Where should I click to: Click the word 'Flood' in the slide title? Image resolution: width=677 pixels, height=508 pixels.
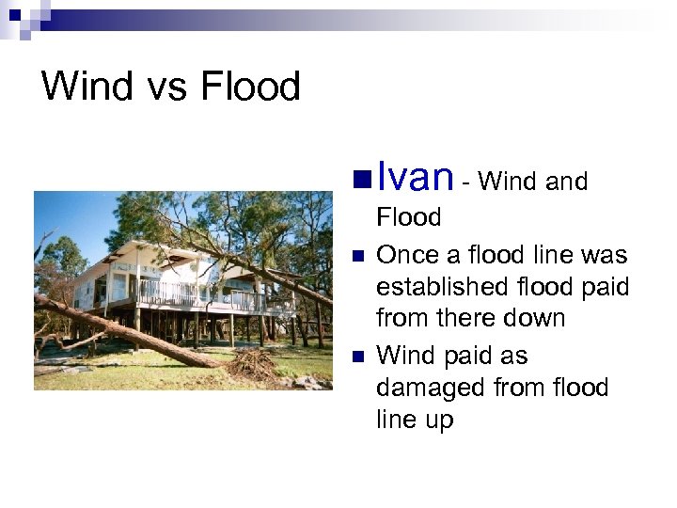pos(250,87)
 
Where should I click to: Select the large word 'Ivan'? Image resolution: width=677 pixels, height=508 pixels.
pos(415,176)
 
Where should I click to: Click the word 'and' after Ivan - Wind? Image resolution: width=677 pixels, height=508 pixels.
pos(567,181)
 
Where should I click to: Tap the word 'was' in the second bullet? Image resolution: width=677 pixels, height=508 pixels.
pos(603,255)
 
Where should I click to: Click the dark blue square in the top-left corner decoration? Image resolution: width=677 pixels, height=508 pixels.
pos(14,14)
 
